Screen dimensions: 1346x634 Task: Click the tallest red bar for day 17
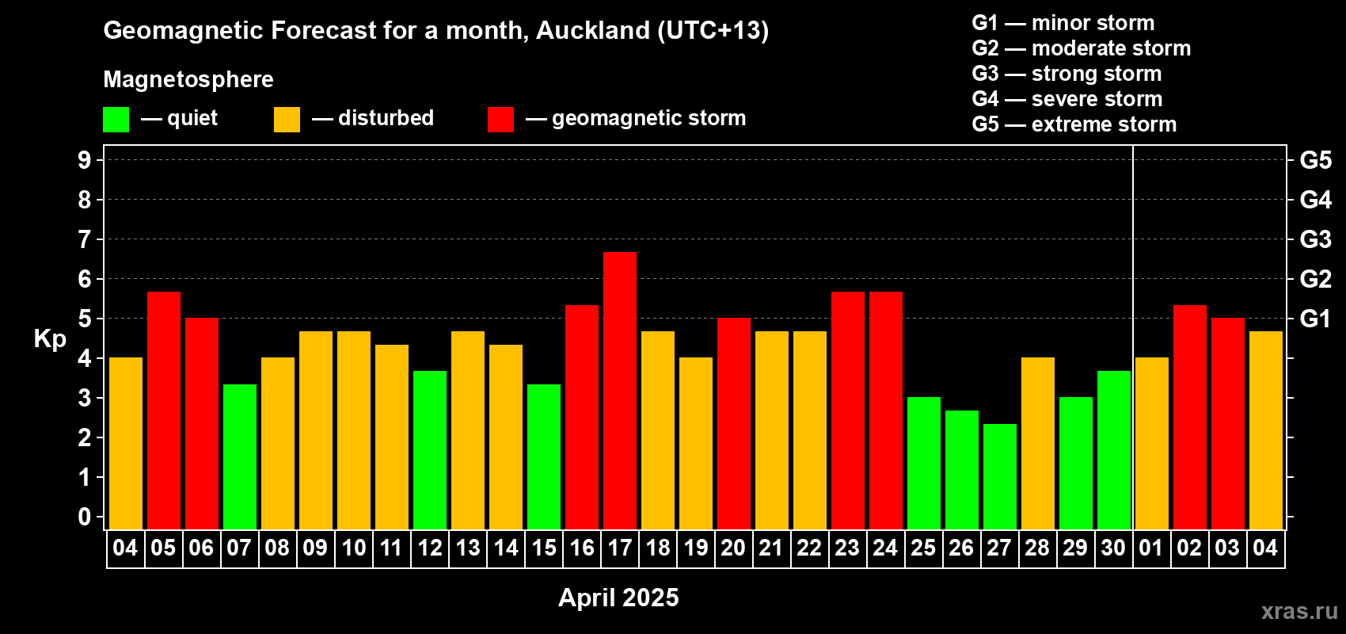(x=619, y=391)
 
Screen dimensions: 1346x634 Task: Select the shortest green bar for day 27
(x=1000, y=476)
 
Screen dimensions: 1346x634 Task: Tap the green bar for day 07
(x=240, y=456)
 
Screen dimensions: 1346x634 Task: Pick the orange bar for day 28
(x=1038, y=443)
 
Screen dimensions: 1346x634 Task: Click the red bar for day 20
(x=734, y=423)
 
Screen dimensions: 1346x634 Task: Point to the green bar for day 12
(x=430, y=450)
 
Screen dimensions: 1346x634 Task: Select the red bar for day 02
(x=1190, y=417)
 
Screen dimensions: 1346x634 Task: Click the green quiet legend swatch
(x=116, y=119)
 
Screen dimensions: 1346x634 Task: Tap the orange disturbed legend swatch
(x=287, y=119)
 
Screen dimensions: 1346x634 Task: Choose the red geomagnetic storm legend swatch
(x=500, y=119)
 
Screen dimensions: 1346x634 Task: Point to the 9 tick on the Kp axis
(x=84, y=160)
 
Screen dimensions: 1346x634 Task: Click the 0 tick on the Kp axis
(x=84, y=517)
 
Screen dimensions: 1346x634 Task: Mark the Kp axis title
(x=50, y=339)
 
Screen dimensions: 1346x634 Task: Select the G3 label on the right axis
(x=1315, y=239)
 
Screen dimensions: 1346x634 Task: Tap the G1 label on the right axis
(x=1315, y=319)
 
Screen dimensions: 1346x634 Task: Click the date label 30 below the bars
(x=1113, y=548)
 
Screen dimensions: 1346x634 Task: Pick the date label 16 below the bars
(x=582, y=548)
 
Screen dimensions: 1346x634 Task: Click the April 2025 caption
(x=618, y=598)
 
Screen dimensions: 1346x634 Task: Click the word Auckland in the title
(x=592, y=31)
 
